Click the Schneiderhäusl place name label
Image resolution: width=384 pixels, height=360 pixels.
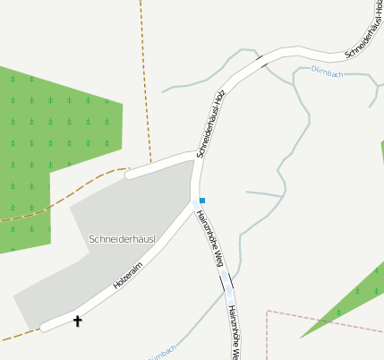click(124, 239)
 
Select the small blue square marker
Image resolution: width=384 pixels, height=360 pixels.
click(203, 200)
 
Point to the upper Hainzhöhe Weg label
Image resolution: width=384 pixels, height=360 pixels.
click(209, 238)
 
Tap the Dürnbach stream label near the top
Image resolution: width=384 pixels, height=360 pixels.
click(326, 71)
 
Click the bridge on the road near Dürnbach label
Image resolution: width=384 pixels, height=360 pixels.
click(262, 62)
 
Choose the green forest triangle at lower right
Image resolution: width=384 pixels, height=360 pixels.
click(354, 296)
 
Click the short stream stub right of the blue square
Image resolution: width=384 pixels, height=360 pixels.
click(265, 193)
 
